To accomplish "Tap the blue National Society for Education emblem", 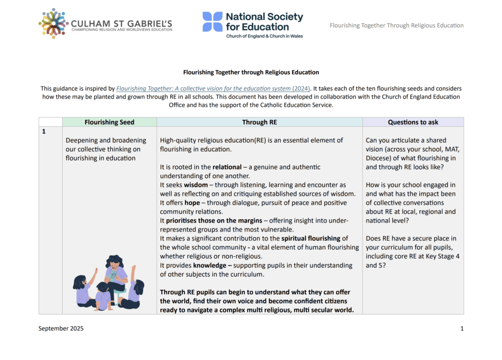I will [212, 22].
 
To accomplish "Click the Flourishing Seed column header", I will [109, 122].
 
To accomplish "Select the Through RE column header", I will [259, 122].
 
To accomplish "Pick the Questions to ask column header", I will [413, 122].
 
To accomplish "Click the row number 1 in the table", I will [44, 131].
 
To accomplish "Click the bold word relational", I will [227, 167].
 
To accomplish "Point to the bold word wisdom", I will [196, 185].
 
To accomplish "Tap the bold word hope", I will [192, 203].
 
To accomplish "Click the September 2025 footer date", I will [61, 329].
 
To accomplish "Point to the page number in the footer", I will [462, 329].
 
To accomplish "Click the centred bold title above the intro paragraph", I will [251, 72].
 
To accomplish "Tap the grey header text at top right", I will [397, 26].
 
